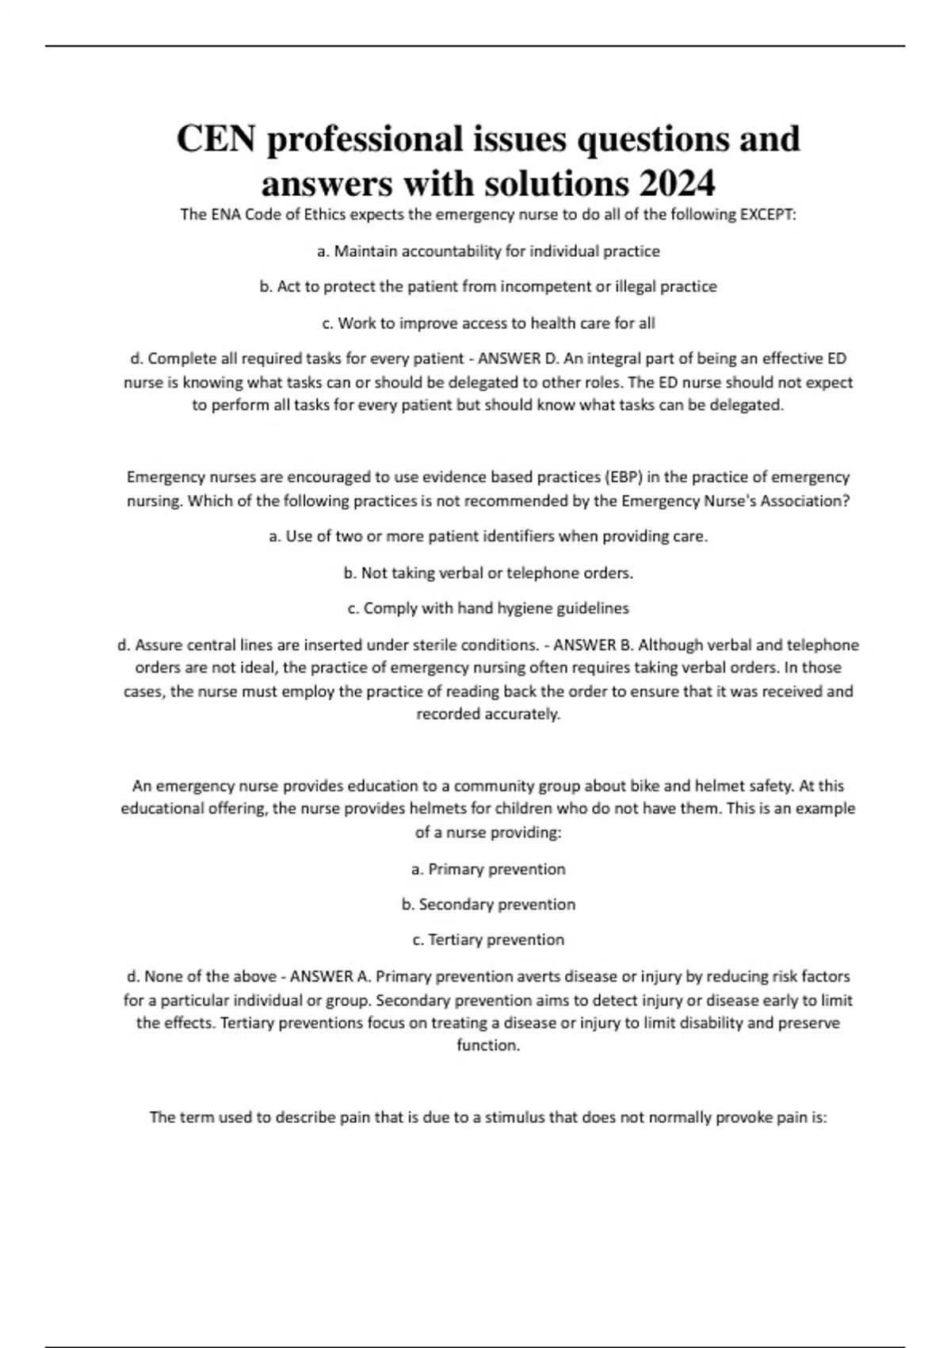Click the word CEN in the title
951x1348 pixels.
pos(216,140)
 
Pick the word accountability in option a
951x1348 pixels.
pos(452,251)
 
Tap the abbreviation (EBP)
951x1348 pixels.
pos(626,477)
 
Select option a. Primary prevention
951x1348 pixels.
pos(488,869)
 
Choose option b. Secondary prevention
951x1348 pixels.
pos(488,905)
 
